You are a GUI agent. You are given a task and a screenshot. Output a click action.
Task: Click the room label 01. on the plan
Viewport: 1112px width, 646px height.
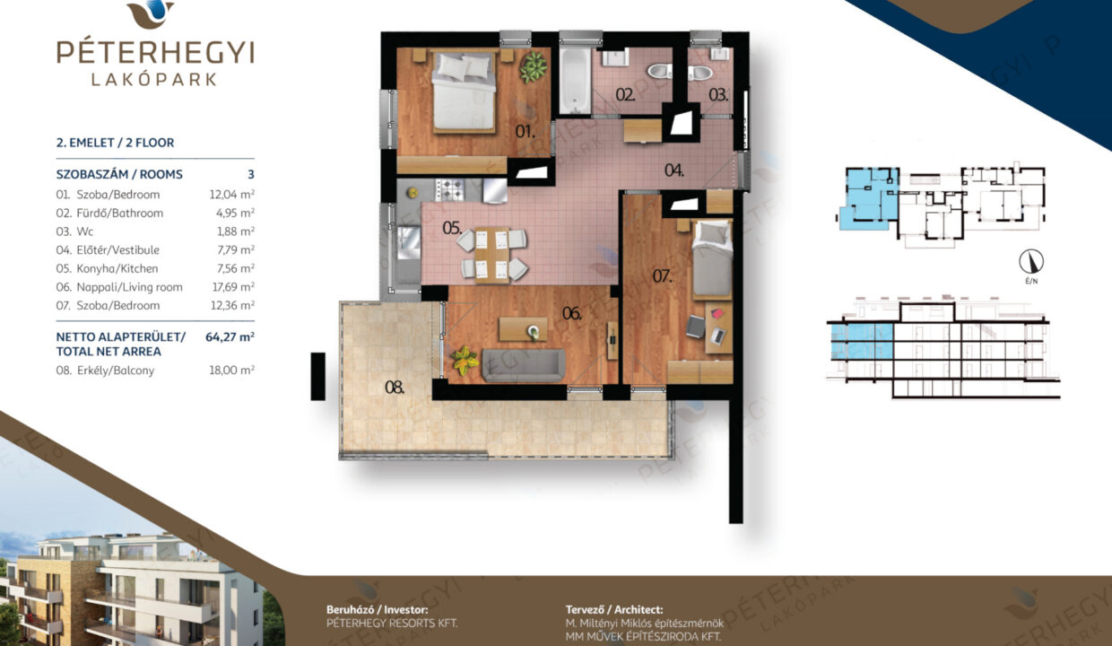click(525, 132)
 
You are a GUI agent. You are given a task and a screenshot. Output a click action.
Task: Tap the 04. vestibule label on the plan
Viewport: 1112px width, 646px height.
click(674, 170)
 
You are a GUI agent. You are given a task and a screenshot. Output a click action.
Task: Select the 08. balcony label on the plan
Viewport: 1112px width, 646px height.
click(395, 388)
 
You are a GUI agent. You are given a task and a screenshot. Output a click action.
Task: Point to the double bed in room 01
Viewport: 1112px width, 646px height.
click(464, 92)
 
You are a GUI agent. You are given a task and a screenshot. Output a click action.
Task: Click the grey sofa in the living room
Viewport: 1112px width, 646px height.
click(524, 365)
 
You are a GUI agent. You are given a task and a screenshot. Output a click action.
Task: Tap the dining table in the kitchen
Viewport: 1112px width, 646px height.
click(492, 255)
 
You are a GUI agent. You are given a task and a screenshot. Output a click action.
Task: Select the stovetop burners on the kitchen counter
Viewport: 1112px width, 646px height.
click(450, 189)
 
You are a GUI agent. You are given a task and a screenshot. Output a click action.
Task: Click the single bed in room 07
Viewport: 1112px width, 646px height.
click(712, 259)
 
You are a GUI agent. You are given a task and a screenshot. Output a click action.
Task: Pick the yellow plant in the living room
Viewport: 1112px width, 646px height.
click(465, 361)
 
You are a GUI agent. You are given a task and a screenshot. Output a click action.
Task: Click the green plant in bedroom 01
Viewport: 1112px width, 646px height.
click(534, 67)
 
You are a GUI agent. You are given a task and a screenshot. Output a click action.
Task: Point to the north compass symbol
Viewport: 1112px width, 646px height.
click(1031, 262)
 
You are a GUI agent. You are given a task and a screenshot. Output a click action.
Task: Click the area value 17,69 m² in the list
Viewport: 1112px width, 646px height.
click(233, 287)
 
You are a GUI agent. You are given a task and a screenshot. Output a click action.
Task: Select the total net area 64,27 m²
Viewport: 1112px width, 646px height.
click(230, 337)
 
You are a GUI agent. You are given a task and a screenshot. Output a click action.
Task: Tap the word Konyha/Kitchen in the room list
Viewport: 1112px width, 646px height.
click(117, 268)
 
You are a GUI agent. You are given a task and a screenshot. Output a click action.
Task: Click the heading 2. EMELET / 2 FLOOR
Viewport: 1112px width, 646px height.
click(115, 143)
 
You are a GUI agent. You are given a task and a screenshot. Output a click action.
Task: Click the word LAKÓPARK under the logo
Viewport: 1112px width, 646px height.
click(154, 80)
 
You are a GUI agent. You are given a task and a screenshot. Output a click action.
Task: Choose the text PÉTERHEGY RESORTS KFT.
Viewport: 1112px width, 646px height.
click(392, 624)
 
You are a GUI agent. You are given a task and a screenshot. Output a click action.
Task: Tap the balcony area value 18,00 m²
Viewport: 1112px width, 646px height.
click(232, 371)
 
